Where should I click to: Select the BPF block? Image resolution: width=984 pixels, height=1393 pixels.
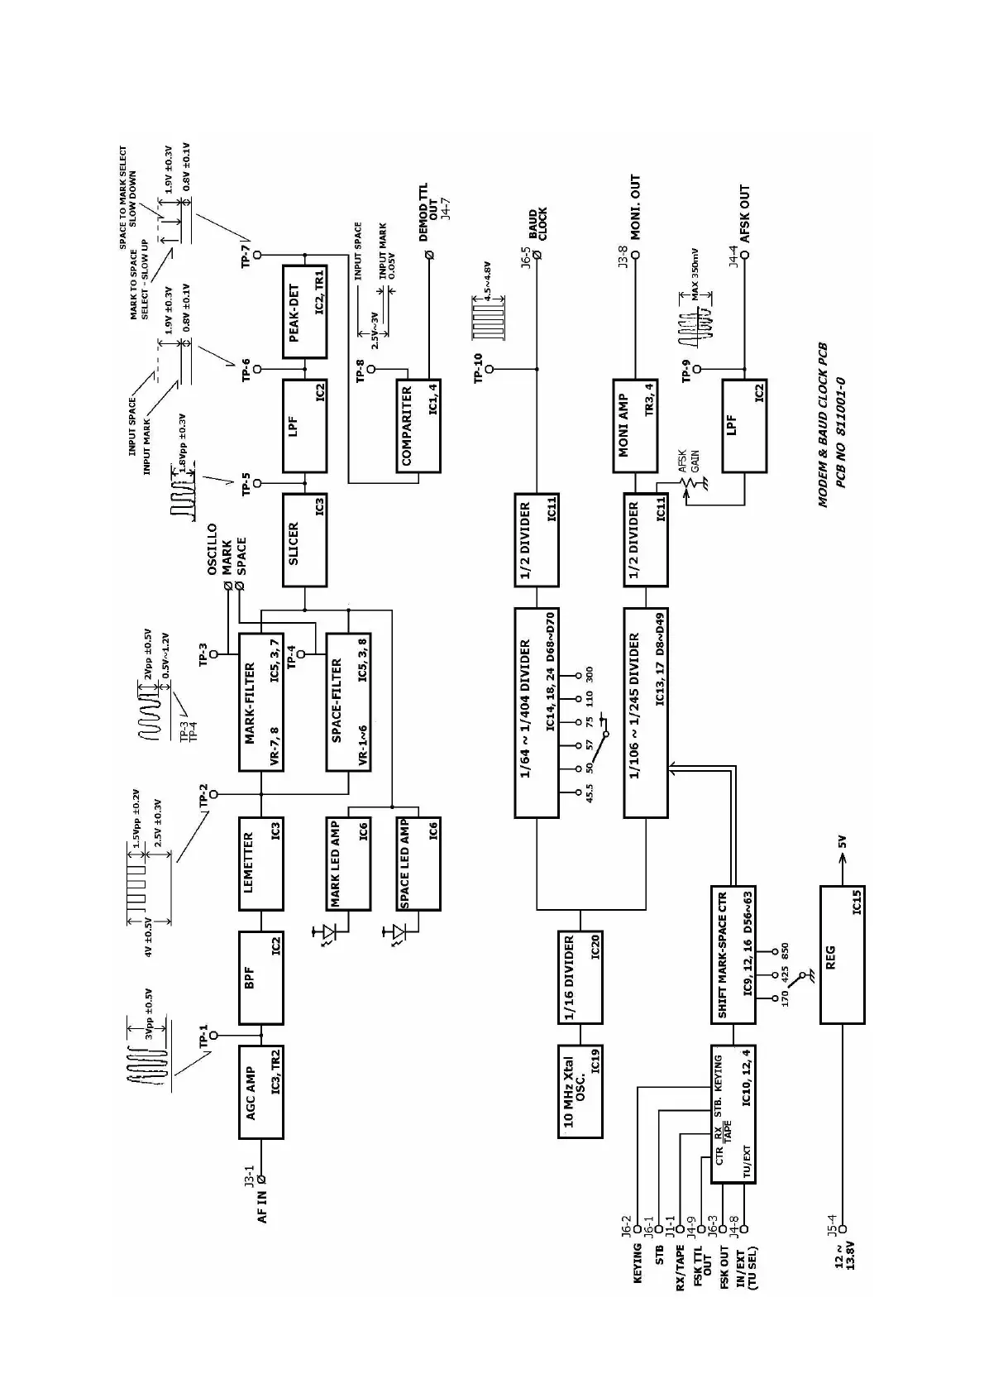pos(261,978)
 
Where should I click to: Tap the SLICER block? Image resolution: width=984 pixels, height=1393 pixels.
pos(304,540)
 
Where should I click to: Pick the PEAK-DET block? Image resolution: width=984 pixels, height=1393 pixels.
pos(304,310)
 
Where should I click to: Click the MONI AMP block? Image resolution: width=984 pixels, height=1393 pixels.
pos(634,426)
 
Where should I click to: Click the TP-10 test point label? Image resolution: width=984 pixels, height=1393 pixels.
pos(477,369)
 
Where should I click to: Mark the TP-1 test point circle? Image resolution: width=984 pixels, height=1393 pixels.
pos(214,1035)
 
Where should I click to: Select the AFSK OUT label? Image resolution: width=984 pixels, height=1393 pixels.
pos(744,213)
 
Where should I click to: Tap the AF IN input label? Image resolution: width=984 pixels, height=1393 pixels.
pos(262,1205)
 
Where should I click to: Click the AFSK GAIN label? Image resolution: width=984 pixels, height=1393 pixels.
pos(688,461)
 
